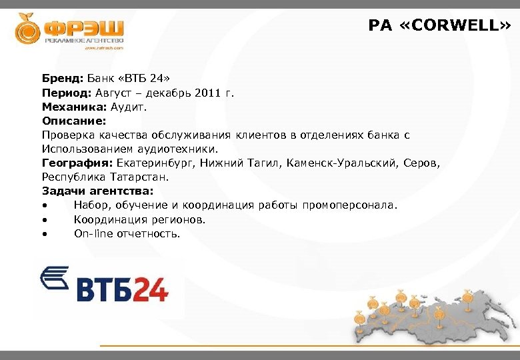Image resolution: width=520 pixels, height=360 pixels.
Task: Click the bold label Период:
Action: pyautogui.click(x=66, y=93)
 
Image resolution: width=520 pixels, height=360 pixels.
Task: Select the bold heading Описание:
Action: pyautogui.click(x=73, y=121)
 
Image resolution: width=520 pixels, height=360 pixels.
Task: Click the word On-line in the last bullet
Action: pyautogui.click(x=93, y=233)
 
